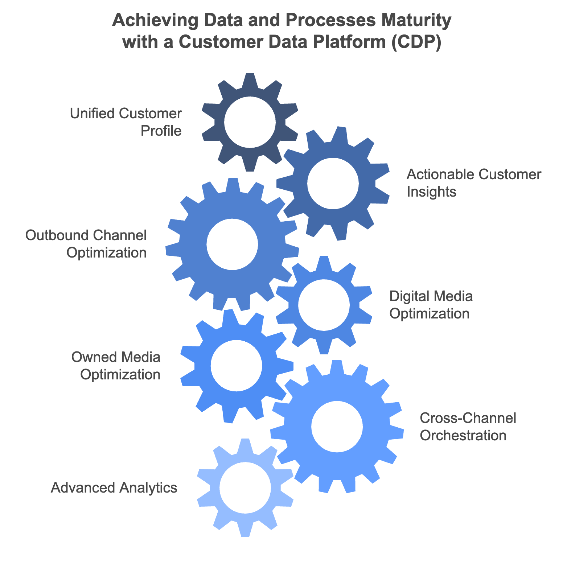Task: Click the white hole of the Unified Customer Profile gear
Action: (x=250, y=123)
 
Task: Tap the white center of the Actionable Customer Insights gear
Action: (x=333, y=184)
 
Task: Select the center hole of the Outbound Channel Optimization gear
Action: (x=232, y=244)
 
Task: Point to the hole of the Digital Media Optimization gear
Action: (x=324, y=305)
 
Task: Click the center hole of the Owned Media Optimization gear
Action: (x=236, y=366)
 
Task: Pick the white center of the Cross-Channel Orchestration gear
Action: (x=337, y=427)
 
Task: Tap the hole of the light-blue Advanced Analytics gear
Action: (x=245, y=488)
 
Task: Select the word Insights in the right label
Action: (x=431, y=192)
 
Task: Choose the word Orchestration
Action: (x=463, y=435)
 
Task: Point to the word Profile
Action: (x=161, y=131)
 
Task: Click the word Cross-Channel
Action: (x=468, y=418)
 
